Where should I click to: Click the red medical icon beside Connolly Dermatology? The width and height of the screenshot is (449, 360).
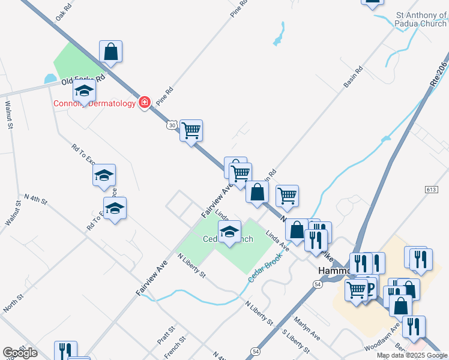click(144, 103)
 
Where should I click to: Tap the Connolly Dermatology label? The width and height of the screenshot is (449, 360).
click(95, 103)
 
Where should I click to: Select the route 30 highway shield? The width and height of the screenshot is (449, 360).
click(172, 125)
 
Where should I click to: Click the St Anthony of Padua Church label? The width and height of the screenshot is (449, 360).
click(421, 19)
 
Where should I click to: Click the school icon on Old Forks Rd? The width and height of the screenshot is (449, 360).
click(85, 91)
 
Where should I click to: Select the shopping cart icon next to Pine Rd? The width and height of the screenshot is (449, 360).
click(191, 130)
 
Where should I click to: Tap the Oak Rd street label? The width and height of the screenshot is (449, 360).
click(63, 14)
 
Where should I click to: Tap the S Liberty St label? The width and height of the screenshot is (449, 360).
click(295, 340)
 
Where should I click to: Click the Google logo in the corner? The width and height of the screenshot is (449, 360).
click(20, 353)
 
